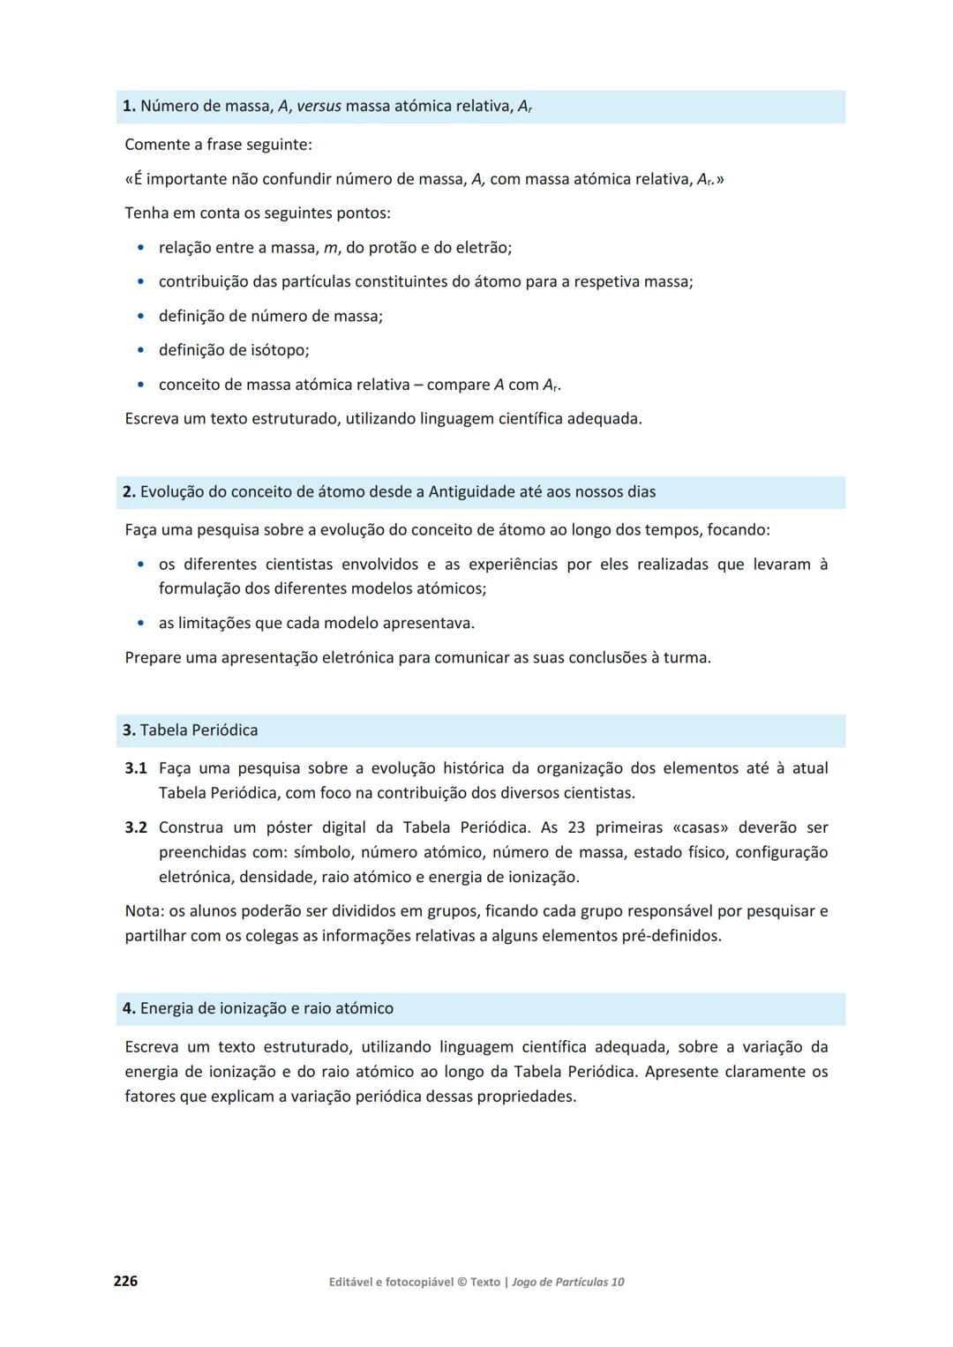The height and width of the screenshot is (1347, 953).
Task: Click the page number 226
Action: [x=125, y=1281]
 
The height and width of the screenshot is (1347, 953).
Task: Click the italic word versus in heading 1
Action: [x=319, y=107]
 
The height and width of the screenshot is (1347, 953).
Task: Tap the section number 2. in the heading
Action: [x=129, y=492]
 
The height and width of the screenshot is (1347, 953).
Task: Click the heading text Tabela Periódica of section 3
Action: [x=199, y=730]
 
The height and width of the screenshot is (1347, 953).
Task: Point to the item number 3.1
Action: [x=136, y=768]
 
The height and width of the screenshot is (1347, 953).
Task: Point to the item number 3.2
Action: [x=136, y=827]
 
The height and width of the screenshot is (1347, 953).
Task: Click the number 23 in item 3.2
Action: [x=576, y=827]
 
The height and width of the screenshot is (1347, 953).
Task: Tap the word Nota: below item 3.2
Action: [x=144, y=911]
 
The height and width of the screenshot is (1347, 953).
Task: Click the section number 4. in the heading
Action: [x=129, y=1008]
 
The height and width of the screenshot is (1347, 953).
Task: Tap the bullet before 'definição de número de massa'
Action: [x=140, y=316]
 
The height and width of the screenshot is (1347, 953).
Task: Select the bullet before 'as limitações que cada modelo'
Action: [x=140, y=623]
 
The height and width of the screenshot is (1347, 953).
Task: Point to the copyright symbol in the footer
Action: [x=462, y=1282]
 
